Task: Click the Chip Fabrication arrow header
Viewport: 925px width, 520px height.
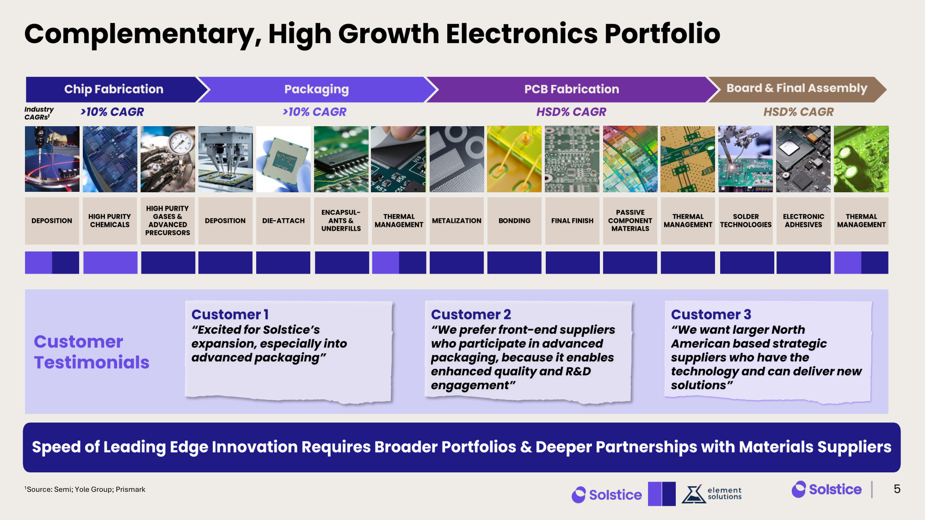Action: pyautogui.click(x=113, y=89)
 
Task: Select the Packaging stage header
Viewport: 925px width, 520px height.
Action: pyautogui.click(x=317, y=89)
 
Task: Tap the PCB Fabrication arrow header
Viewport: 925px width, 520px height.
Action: pyautogui.click(x=572, y=89)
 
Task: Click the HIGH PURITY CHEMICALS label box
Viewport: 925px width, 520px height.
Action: pyautogui.click(x=110, y=221)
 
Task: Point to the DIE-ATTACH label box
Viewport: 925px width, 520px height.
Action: pyautogui.click(x=284, y=221)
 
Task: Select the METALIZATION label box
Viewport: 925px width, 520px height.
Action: pyautogui.click(x=457, y=221)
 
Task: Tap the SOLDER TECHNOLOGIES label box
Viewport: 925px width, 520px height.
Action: pyautogui.click(x=746, y=221)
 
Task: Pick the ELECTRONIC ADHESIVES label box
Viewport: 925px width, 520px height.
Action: pyautogui.click(x=804, y=221)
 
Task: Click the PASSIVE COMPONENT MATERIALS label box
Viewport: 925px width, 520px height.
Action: pyautogui.click(x=630, y=221)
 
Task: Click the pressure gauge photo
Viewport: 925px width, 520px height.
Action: pyautogui.click(x=168, y=159)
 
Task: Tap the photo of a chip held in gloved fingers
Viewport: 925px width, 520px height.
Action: pyautogui.click(x=284, y=159)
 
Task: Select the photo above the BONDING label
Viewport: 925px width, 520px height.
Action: pyautogui.click(x=514, y=159)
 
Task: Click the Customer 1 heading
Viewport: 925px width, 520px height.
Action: pyautogui.click(x=230, y=314)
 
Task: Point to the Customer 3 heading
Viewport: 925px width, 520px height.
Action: pyautogui.click(x=711, y=314)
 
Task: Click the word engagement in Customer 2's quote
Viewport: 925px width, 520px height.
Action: pyautogui.click(x=470, y=385)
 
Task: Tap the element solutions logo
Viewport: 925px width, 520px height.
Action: pyautogui.click(x=712, y=494)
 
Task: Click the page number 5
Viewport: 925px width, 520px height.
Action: pyautogui.click(x=897, y=489)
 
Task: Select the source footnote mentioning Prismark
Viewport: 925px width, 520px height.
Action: pyautogui.click(x=85, y=489)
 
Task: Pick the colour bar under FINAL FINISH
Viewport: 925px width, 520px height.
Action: pyautogui.click(x=573, y=263)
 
